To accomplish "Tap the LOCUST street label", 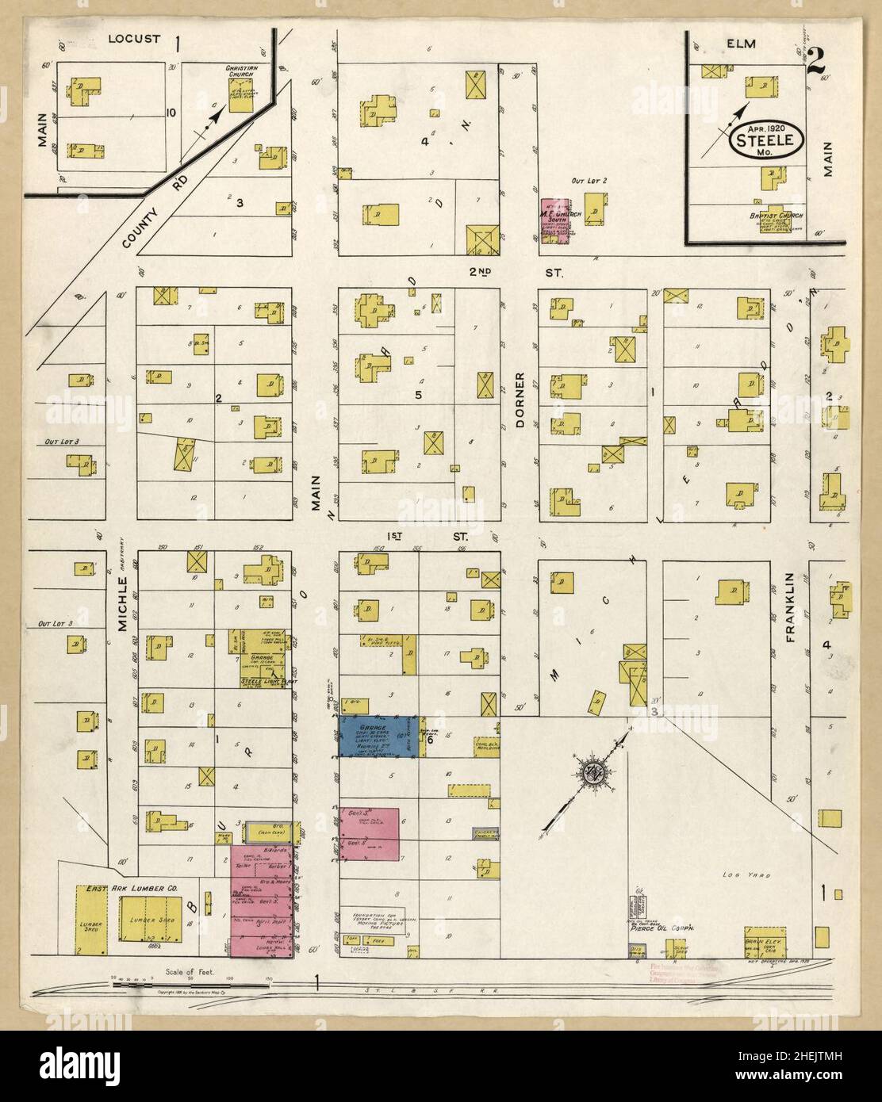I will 135,38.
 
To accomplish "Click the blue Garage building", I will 377,737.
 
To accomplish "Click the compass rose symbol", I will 593,773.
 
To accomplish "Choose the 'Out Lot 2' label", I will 588,181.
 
